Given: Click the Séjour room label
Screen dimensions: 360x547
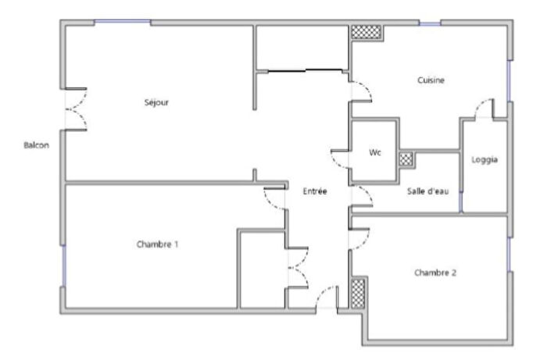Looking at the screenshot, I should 156,102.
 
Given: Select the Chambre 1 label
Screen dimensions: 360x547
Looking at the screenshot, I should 157,244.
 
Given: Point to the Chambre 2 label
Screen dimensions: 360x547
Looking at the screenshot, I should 435,273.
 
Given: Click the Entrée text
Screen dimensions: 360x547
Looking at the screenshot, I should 314,191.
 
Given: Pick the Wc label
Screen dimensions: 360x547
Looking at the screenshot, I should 375,153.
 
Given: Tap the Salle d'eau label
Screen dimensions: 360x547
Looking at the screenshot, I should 427,191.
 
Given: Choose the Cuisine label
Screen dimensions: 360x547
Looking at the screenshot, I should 431,80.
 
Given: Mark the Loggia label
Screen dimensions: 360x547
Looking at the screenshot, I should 484,160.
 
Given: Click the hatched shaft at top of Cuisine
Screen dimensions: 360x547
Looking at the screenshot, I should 366,32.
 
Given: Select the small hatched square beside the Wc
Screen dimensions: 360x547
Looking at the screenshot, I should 406,158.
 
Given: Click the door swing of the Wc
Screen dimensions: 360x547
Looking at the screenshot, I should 341,158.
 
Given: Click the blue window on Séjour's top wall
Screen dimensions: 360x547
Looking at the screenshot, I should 123,23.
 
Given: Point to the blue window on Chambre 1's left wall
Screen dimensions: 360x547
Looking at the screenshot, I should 63,266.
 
